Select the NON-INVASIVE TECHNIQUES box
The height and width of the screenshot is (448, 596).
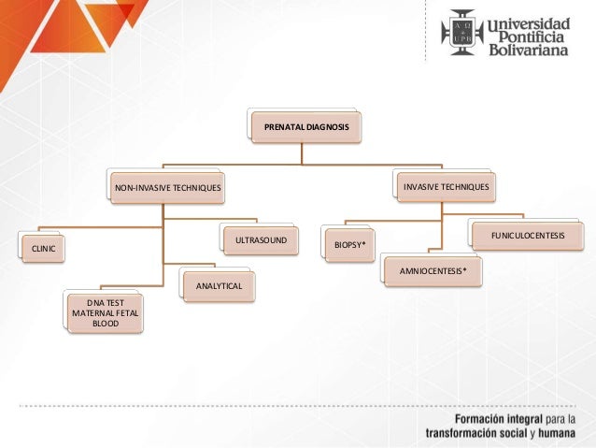point(168,189)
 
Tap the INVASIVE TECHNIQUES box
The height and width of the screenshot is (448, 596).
point(446,187)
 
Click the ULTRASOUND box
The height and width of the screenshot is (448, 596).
point(261,241)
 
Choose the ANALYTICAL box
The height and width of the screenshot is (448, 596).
point(219,284)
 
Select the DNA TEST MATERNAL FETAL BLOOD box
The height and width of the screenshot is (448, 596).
point(106,313)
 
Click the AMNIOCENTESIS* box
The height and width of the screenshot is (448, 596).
point(433,270)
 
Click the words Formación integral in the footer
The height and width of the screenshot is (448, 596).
point(496,418)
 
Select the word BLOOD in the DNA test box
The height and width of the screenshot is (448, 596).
point(106,325)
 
